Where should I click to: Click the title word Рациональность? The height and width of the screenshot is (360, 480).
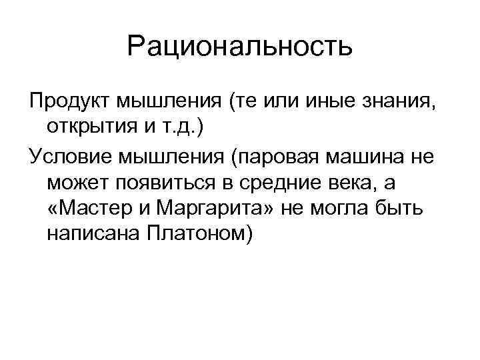click(x=239, y=47)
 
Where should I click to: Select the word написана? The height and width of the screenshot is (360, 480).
click(x=91, y=236)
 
